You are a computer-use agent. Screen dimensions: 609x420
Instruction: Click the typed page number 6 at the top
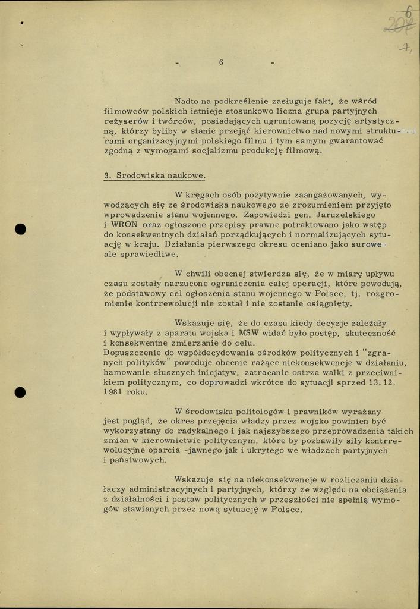coord(221,62)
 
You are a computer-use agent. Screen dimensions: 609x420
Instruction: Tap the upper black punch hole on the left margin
coord(21,230)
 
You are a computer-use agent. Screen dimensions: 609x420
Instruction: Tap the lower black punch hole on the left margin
coord(21,392)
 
